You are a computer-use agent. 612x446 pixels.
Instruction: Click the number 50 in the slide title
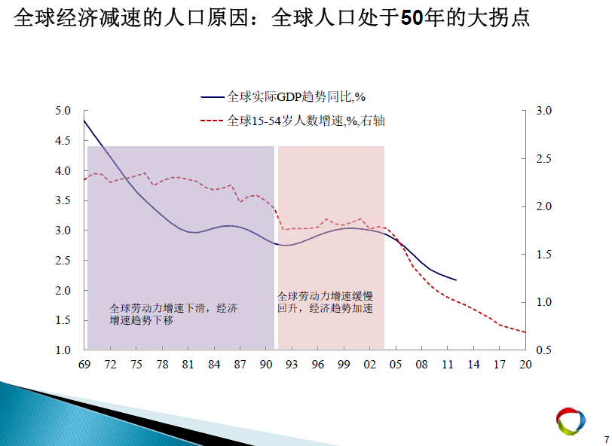click(412, 17)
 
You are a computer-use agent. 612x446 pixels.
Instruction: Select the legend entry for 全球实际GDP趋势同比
click(283, 96)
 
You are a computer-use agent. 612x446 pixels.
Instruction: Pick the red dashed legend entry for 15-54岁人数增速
click(292, 121)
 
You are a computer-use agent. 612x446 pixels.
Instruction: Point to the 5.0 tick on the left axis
click(63, 111)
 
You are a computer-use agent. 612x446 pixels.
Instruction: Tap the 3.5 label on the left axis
click(63, 200)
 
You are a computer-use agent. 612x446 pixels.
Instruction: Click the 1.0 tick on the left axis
click(63, 350)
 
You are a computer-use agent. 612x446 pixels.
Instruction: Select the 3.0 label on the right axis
click(543, 111)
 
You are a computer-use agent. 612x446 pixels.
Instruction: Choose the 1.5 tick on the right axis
click(543, 255)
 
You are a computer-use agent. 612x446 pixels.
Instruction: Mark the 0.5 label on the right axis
click(543, 350)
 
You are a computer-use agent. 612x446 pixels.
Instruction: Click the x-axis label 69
click(84, 365)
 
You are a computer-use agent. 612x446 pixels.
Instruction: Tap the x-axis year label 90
click(266, 365)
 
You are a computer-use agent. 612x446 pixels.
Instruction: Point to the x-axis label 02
click(369, 365)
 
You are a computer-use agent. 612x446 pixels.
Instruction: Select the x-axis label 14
click(473, 365)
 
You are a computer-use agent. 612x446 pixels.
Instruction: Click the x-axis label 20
click(525, 365)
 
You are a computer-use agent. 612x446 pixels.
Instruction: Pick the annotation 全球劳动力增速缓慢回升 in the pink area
click(325, 302)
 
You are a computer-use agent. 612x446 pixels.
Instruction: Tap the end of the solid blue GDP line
click(456, 280)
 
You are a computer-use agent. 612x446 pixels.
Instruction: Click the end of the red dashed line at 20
click(525, 332)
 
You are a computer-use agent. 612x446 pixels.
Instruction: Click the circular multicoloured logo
click(571, 421)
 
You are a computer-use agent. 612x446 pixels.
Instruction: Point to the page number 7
click(607, 439)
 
